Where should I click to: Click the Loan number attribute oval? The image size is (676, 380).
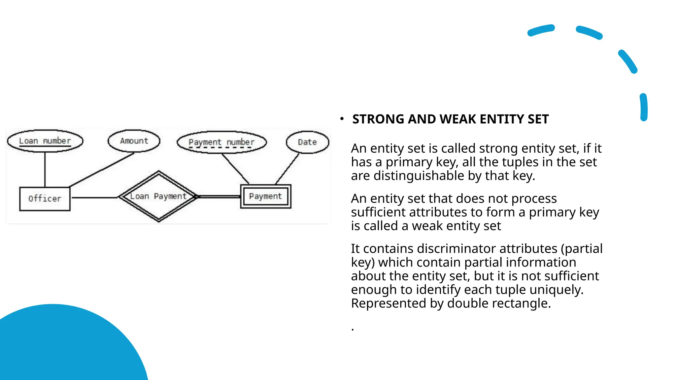pos(45,141)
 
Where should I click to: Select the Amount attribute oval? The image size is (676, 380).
pos(134,141)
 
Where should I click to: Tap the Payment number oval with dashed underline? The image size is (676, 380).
pos(221,142)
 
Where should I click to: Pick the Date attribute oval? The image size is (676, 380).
pos(307,142)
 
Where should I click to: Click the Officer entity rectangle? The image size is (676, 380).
pos(45,199)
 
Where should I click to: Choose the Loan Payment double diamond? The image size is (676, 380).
pos(158,197)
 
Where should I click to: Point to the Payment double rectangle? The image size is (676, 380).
pos(266,197)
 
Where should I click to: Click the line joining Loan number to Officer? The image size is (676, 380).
pos(45,170)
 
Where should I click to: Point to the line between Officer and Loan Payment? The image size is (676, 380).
pos(94,198)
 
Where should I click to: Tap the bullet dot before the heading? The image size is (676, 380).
pos(342,119)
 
